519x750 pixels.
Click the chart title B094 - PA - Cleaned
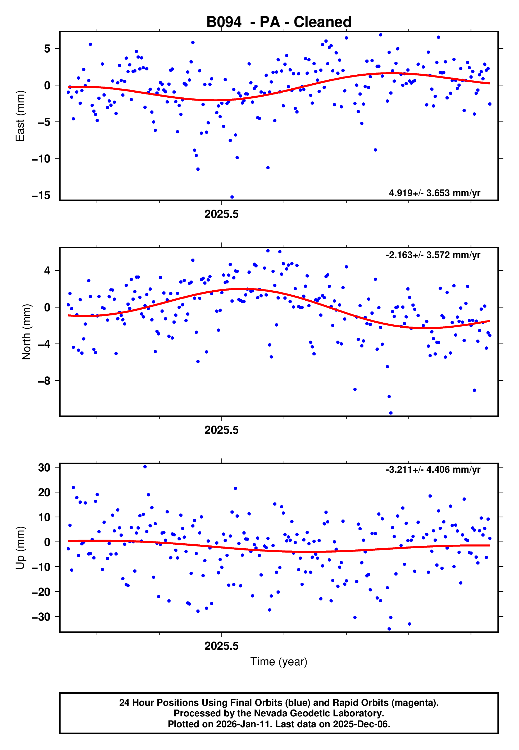tap(279, 22)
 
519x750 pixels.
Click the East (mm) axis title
tap(20, 116)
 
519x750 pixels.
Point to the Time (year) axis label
tap(279, 662)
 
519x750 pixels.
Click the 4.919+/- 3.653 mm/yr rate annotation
tap(434, 193)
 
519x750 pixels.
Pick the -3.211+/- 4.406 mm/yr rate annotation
tap(433, 470)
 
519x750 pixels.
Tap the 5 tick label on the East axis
tap(47, 49)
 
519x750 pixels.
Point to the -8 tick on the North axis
tap(44, 381)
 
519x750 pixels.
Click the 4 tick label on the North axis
tap(47, 271)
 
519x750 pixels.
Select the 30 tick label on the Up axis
tap(44, 468)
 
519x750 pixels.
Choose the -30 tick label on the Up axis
tap(41, 617)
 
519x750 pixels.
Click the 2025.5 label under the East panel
tap(221, 214)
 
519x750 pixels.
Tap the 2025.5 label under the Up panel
tap(221, 646)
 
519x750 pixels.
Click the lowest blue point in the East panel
tap(232, 197)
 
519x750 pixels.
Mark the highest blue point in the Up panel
tap(145, 467)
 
